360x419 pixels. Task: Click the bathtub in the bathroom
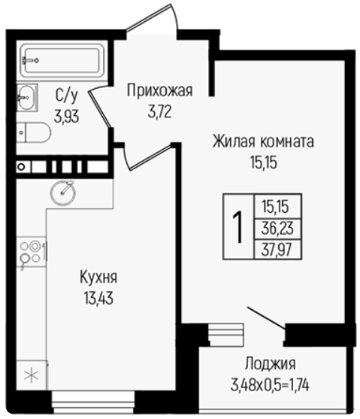(62, 61)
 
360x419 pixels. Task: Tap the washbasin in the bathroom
(27, 97)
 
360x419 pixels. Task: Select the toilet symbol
(33, 132)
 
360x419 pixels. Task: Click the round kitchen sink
(63, 193)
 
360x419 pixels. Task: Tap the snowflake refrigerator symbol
(32, 375)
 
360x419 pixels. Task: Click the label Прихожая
(159, 91)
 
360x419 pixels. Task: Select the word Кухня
(98, 278)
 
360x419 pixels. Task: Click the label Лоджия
(271, 364)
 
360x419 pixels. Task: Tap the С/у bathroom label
(66, 96)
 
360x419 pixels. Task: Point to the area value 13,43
(98, 298)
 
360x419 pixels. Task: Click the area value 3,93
(66, 117)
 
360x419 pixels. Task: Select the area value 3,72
(159, 111)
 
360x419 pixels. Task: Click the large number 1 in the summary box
(237, 227)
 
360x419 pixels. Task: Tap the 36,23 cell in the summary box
(277, 229)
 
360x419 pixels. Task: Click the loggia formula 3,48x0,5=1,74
(270, 386)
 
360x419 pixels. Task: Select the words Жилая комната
(263, 141)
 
